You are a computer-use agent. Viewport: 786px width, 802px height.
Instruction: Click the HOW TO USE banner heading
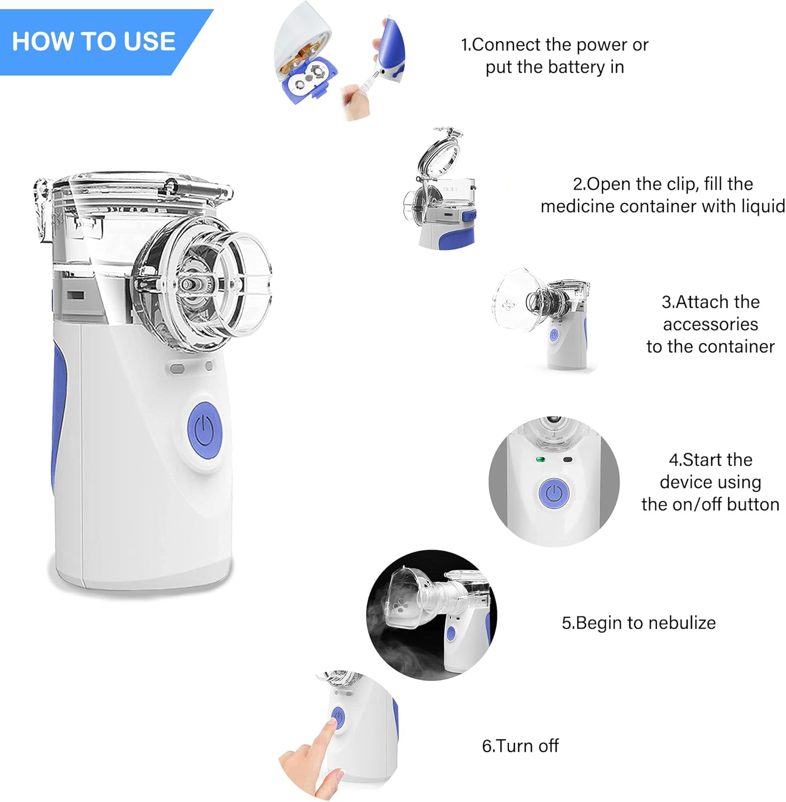(x=94, y=42)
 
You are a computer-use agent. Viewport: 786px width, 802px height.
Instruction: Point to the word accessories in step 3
(x=710, y=325)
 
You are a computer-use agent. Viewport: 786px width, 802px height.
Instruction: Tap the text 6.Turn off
(x=520, y=746)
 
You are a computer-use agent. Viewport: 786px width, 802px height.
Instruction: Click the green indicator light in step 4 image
(x=540, y=459)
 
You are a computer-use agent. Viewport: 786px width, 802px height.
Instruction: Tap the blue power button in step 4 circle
(x=554, y=493)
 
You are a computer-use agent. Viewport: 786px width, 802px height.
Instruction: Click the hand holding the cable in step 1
(x=356, y=102)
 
